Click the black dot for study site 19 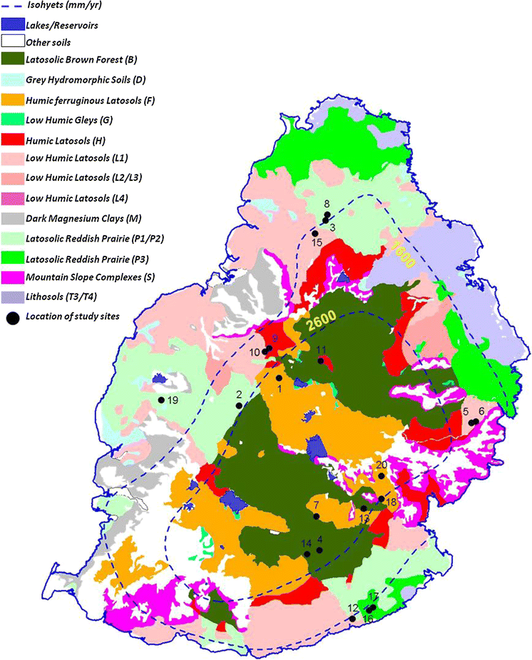(x=161, y=400)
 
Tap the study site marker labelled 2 (x=237, y=406)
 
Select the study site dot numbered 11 (x=321, y=361)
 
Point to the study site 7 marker (x=317, y=517)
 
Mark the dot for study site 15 (x=314, y=233)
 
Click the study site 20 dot (x=382, y=476)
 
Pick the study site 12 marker (x=352, y=619)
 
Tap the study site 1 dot (x=278, y=378)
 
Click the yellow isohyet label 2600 (x=322, y=323)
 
